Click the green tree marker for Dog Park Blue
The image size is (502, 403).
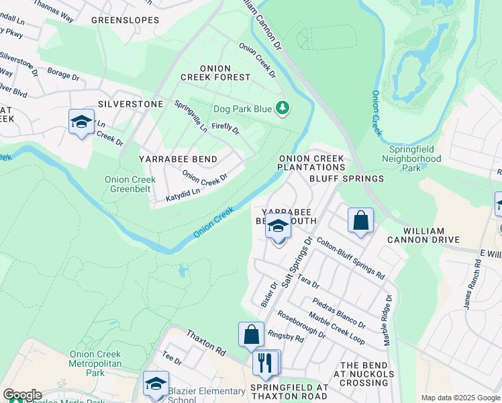283,107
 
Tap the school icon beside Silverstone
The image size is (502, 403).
81,122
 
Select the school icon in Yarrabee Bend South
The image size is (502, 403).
278,228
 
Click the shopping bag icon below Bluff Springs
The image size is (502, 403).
360,220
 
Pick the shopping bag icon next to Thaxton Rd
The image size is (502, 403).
251,334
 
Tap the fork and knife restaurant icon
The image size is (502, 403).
266,363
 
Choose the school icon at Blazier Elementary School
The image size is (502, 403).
156,383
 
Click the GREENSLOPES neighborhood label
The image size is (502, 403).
125,20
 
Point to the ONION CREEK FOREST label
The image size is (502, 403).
206,73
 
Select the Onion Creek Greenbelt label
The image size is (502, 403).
128,184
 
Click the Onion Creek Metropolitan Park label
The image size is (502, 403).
95,363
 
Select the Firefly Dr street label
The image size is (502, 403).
225,127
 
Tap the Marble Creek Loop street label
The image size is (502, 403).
336,328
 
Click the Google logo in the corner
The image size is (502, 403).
22,395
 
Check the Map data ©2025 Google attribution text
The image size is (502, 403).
460,398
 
